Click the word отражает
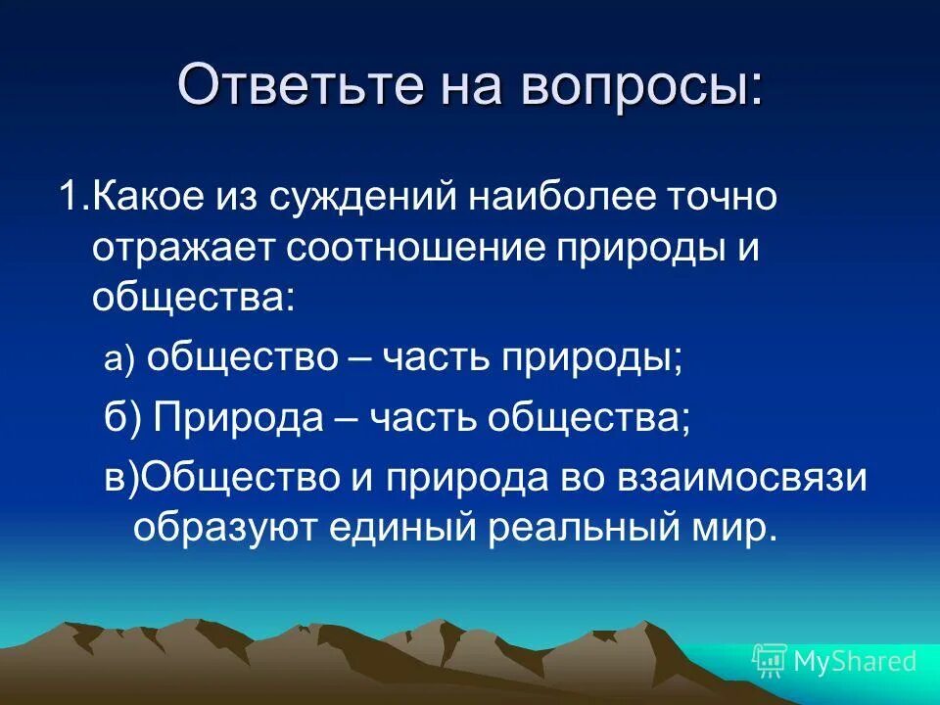[x=183, y=249]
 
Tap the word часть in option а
[x=436, y=359]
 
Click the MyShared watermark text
[x=854, y=662]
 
